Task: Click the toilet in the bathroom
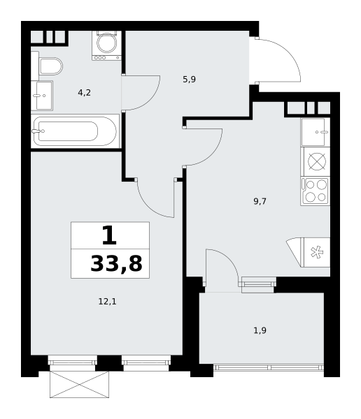tap(49, 66)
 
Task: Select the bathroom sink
tap(42, 95)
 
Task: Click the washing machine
tap(107, 44)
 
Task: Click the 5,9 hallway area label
tap(189, 80)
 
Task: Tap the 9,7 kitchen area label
tap(260, 201)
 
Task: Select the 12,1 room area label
tap(107, 302)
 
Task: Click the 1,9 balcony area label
tap(260, 330)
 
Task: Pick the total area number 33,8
tap(116, 264)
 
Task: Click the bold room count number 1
tap(108, 236)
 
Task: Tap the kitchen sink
tap(316, 131)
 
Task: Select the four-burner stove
tap(316, 191)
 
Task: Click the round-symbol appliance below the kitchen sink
tap(316, 161)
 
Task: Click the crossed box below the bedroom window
tap(79, 384)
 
